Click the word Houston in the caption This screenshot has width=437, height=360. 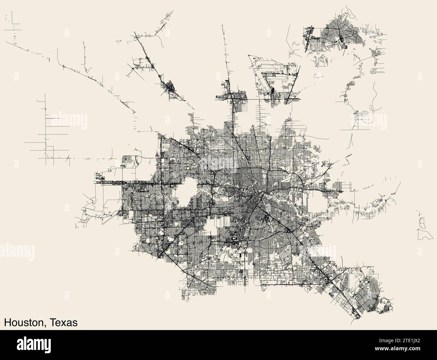click(23, 322)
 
